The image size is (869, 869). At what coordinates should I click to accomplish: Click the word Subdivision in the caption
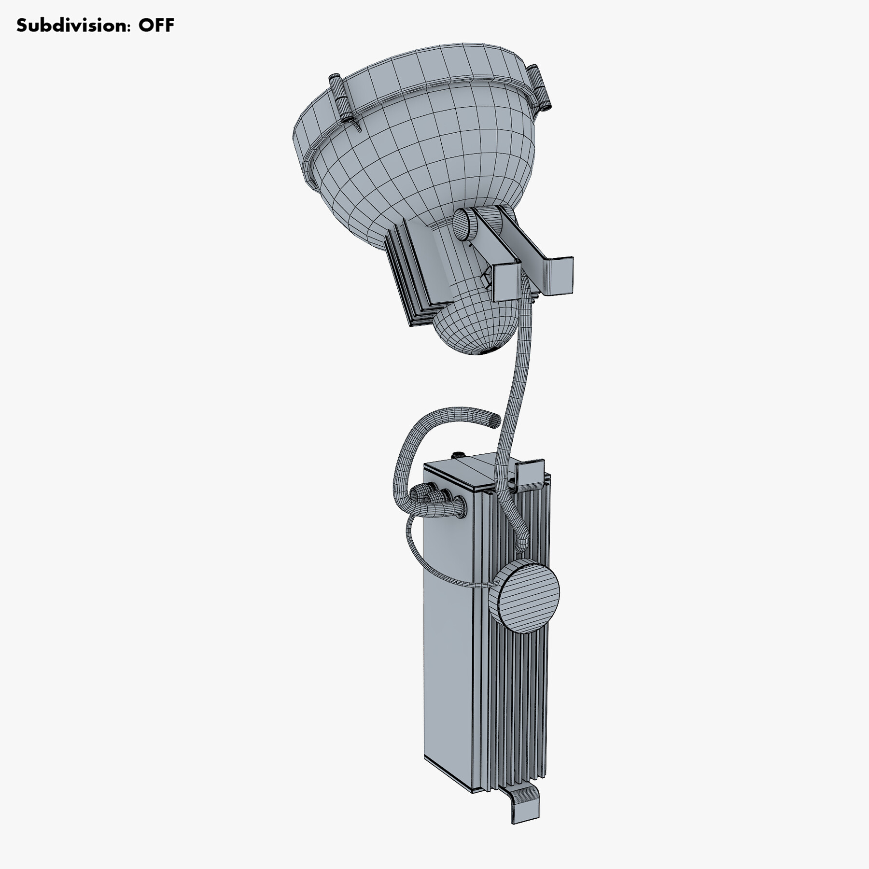pyautogui.click(x=72, y=25)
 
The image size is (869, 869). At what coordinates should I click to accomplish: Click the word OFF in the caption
pyautogui.click(x=156, y=25)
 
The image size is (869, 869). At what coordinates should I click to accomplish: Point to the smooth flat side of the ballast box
pyautogui.click(x=447, y=652)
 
